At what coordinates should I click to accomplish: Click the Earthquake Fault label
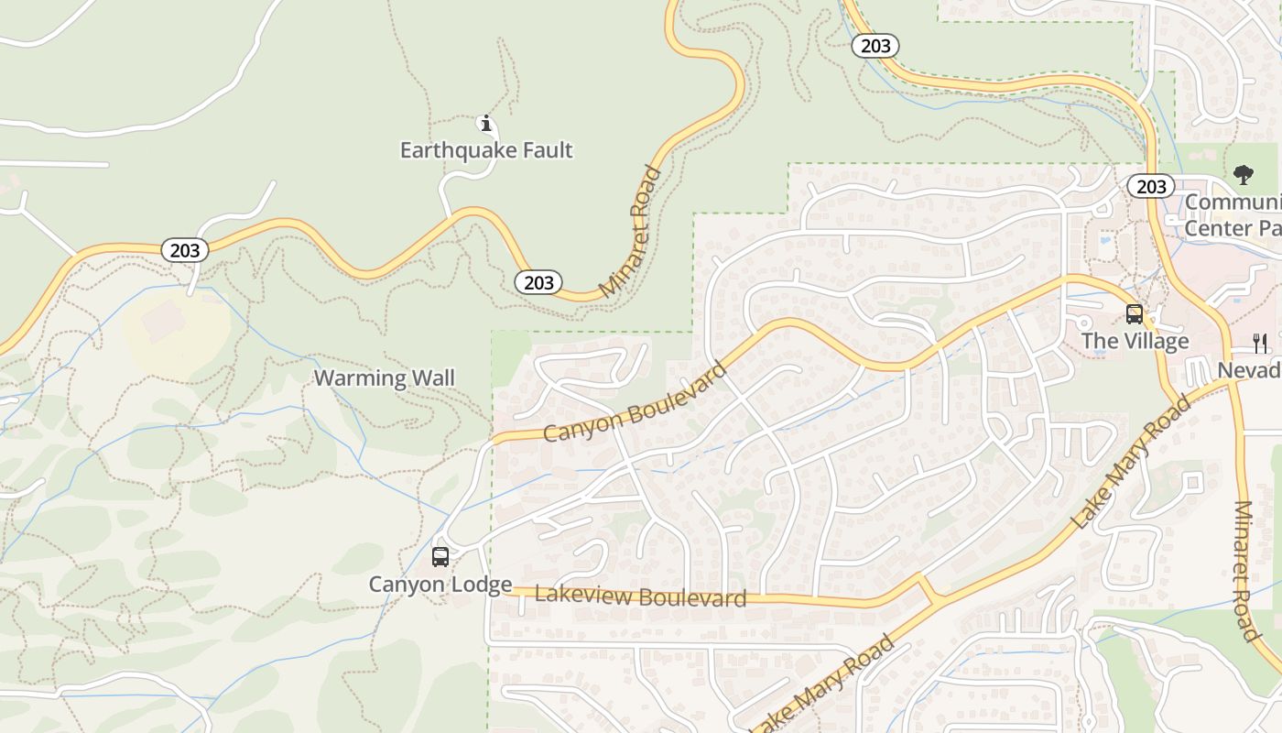coord(486,150)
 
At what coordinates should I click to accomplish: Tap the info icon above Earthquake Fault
coord(486,124)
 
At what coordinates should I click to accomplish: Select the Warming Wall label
coord(385,377)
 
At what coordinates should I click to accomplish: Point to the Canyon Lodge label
coord(440,585)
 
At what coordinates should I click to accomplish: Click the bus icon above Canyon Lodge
coord(440,556)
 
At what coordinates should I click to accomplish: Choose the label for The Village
coord(1135,342)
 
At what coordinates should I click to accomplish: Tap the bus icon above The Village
coord(1135,314)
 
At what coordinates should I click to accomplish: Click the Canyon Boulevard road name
coord(636,402)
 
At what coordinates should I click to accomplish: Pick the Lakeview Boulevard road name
coord(640,597)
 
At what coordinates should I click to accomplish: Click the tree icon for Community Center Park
coord(1243,174)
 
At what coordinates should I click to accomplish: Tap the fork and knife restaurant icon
coord(1261,344)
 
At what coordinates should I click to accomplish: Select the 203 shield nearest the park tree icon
coord(1151,187)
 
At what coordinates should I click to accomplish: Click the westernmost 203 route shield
coord(185,250)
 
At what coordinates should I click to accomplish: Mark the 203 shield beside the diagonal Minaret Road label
coord(538,282)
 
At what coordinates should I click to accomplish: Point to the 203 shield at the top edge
coord(875,46)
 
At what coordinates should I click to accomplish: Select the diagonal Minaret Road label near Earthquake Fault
coord(632,231)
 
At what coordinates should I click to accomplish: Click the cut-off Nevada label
coord(1249,370)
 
